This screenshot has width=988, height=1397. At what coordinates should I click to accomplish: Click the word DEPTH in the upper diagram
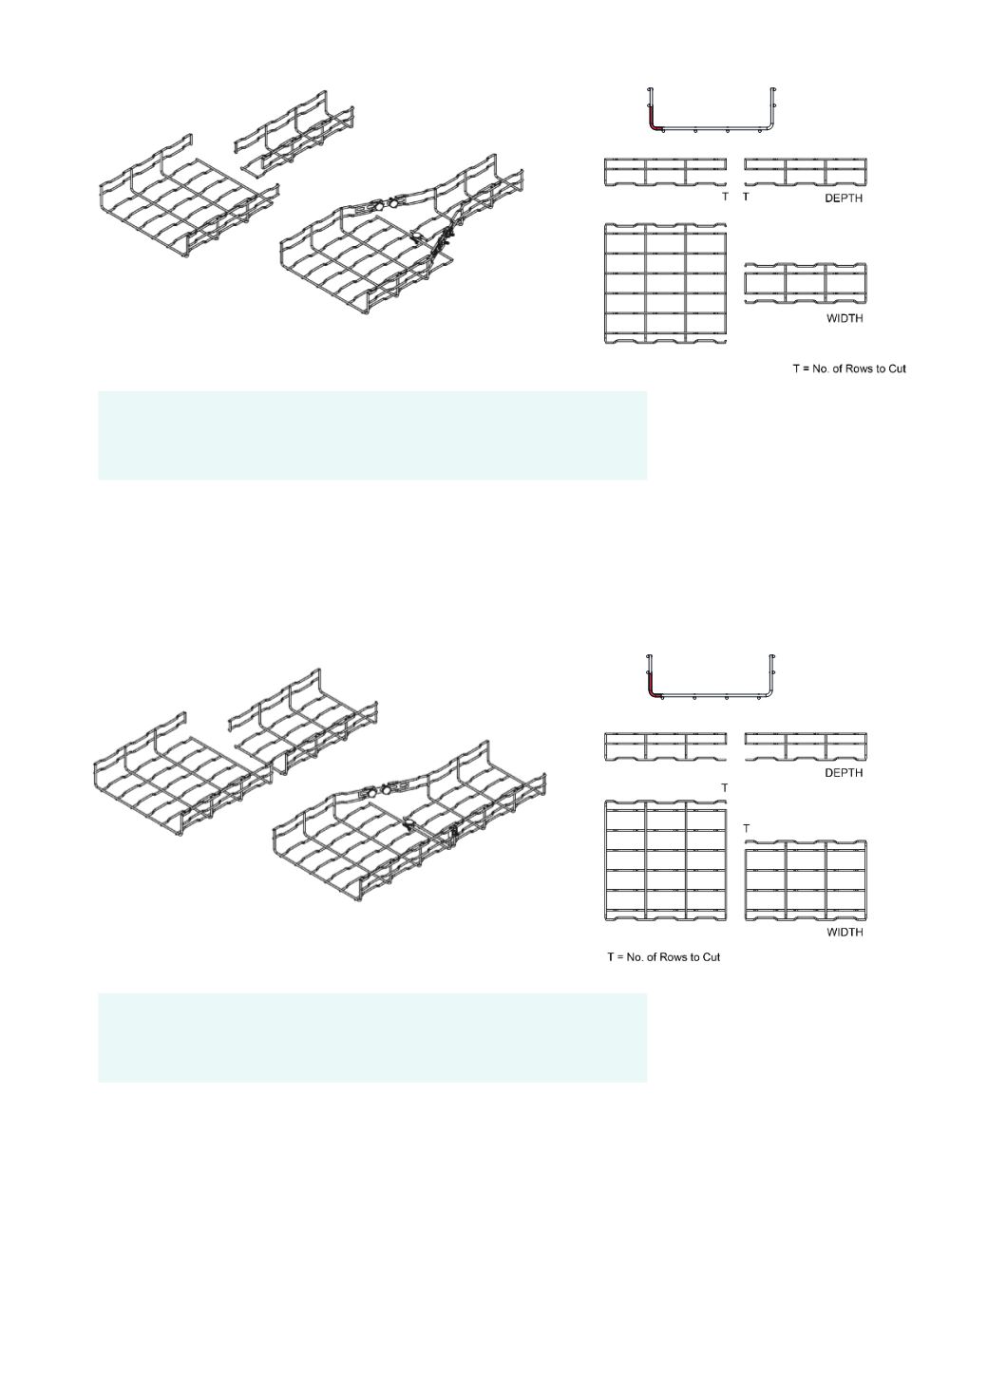844,198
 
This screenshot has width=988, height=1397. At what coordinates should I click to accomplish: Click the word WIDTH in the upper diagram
845,318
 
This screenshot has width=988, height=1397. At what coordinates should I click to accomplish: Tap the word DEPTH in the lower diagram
844,773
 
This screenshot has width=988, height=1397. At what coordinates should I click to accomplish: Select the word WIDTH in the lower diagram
845,933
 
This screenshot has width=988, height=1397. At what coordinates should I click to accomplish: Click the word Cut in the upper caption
897,368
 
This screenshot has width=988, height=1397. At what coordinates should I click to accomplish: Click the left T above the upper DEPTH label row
725,197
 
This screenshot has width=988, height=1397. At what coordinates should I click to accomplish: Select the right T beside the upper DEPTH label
746,197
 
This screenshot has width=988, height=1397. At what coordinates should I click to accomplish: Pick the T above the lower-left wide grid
725,788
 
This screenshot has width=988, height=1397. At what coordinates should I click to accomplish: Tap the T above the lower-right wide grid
746,828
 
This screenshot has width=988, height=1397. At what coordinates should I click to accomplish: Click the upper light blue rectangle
372,435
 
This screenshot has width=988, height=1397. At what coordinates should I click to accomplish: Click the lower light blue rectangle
372,1038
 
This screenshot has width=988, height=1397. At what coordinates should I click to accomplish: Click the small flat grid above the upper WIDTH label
806,283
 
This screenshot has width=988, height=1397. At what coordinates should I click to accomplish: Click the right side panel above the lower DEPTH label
806,746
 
